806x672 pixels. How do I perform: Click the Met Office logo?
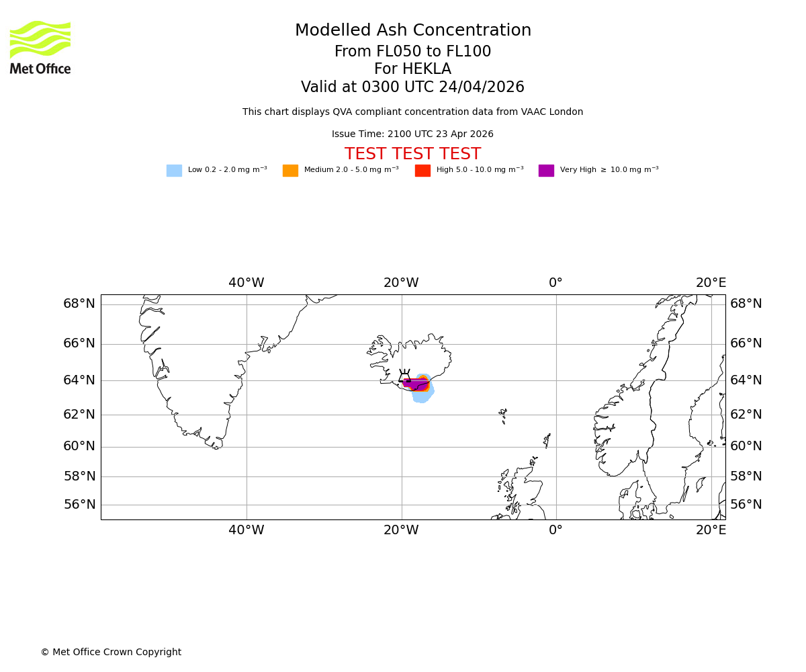(40, 47)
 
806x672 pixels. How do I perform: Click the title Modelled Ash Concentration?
(412, 31)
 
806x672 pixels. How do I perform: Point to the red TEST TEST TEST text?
(412, 155)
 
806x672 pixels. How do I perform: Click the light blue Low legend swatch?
(174, 171)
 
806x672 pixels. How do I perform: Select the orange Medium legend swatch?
(290, 171)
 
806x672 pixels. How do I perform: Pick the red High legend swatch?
(422, 171)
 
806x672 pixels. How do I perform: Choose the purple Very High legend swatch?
(546, 171)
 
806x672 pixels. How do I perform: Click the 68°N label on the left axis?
(79, 304)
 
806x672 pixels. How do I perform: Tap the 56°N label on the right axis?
(746, 505)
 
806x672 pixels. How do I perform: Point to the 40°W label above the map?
(246, 283)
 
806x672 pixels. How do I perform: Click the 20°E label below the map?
(711, 530)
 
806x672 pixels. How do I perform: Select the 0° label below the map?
(555, 530)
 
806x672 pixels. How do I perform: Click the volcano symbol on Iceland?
(404, 376)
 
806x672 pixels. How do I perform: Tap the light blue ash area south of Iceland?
(422, 397)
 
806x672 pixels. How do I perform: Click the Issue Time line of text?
(412, 134)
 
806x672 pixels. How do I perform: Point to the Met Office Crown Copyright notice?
(111, 653)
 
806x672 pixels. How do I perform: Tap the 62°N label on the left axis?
(79, 415)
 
